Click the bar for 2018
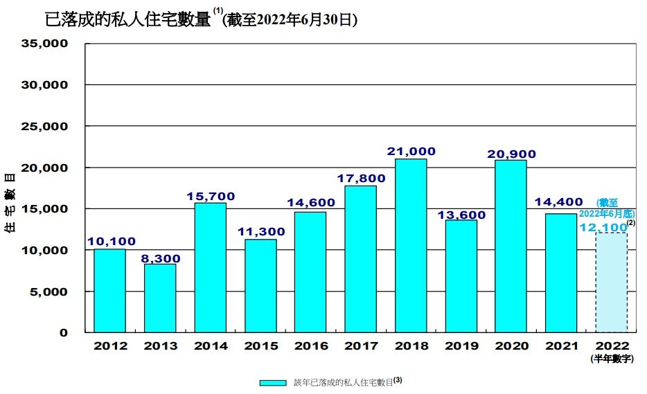click(411, 245)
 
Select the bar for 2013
click(160, 298)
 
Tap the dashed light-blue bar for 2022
click(611, 283)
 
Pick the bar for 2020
click(511, 246)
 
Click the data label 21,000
click(411, 151)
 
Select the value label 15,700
click(210, 196)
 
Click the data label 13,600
click(461, 215)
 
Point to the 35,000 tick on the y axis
click(45, 44)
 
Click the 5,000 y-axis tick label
click(48, 292)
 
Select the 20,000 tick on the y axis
click(45, 168)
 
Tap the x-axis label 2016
click(310, 346)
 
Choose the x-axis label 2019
click(461, 346)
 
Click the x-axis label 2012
click(109, 346)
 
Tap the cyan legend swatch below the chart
click(273, 382)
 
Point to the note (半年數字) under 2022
click(611, 358)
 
